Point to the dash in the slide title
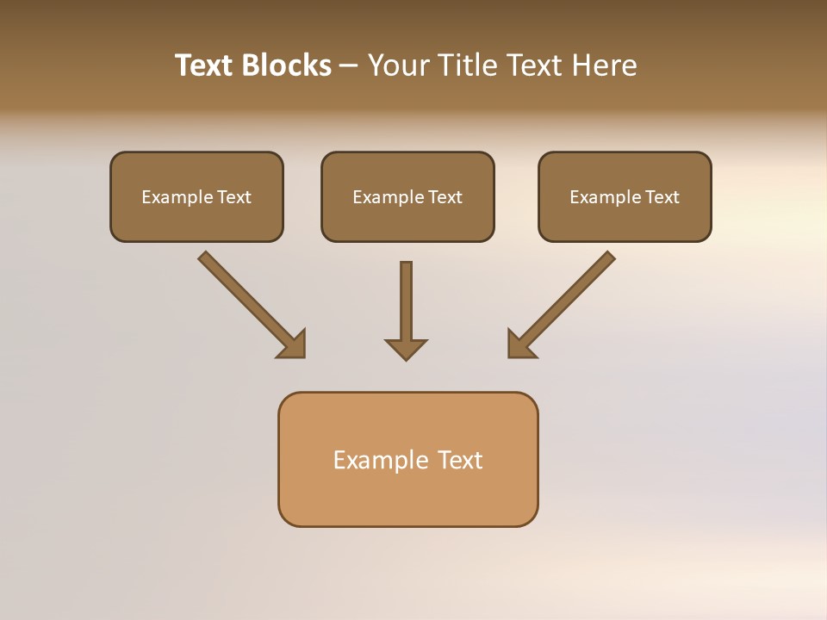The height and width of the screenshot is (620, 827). click(x=349, y=66)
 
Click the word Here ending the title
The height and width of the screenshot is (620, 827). click(x=606, y=65)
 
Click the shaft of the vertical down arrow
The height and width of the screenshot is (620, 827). click(x=406, y=297)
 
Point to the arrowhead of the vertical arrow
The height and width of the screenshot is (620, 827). click(x=406, y=349)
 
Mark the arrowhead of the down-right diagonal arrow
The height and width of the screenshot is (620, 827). click(x=293, y=345)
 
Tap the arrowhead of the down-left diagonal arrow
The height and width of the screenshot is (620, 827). click(x=520, y=344)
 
